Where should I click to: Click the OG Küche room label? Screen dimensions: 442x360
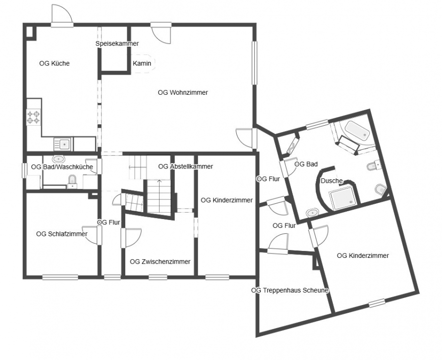[x=55, y=63]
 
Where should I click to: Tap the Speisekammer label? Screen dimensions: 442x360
[x=117, y=44]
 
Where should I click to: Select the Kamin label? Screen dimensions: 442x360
[x=142, y=63]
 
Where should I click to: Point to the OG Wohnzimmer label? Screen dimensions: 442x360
[x=183, y=92]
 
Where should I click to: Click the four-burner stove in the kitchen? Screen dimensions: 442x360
[x=33, y=117]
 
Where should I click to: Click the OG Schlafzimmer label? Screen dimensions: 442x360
[x=62, y=234]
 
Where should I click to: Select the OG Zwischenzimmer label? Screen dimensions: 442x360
[x=160, y=262]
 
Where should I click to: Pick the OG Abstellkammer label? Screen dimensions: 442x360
[x=186, y=166]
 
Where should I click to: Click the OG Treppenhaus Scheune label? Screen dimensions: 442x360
[x=290, y=290]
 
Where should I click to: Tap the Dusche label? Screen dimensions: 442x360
[x=332, y=181]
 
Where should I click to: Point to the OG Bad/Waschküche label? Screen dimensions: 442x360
[x=62, y=167]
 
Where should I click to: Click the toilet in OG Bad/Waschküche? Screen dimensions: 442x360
[x=73, y=182]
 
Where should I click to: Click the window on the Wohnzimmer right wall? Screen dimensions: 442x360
[x=254, y=62]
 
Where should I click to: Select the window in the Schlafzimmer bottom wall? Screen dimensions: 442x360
[x=60, y=277]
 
